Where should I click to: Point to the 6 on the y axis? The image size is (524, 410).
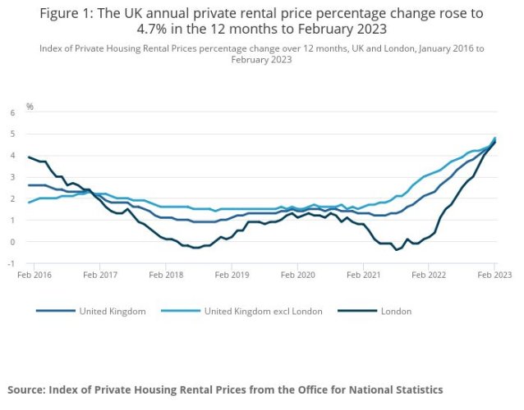pyautogui.click(x=12, y=112)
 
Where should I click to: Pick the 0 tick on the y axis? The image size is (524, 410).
pyautogui.click(x=12, y=242)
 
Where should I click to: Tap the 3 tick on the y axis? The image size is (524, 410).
pyautogui.click(x=12, y=176)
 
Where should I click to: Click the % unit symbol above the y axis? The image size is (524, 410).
pyautogui.click(x=30, y=107)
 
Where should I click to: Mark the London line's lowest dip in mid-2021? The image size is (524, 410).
pyautogui.click(x=397, y=250)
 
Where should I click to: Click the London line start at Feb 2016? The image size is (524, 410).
pyautogui.click(x=29, y=157)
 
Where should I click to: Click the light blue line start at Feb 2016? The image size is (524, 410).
pyautogui.click(x=29, y=203)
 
